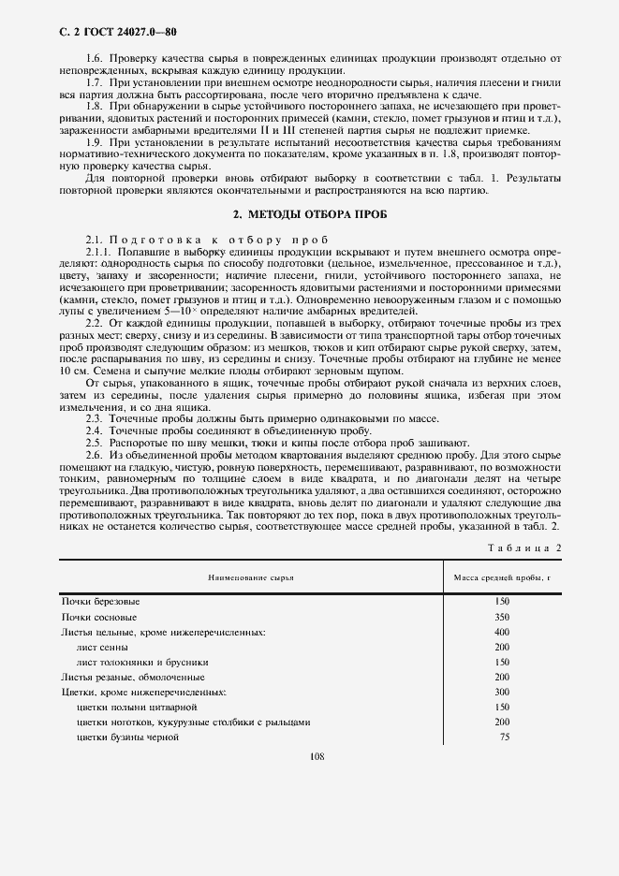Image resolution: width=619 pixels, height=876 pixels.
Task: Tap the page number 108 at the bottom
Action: click(x=316, y=756)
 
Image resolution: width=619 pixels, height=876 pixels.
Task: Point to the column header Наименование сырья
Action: click(x=251, y=577)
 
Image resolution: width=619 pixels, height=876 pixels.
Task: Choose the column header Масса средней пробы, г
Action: click(x=502, y=577)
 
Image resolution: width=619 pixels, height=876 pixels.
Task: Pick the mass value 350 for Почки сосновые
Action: click(x=502, y=617)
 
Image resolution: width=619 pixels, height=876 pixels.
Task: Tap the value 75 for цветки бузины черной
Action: click(x=504, y=737)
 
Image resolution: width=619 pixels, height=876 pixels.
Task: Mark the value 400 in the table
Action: click(x=502, y=632)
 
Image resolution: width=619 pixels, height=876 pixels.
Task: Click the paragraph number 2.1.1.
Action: click(x=98, y=253)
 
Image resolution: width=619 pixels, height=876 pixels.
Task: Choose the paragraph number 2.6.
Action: click(x=95, y=453)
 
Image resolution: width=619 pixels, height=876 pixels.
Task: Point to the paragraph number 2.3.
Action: click(x=95, y=417)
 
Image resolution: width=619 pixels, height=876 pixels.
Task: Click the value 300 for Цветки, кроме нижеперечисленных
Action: click(x=502, y=692)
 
